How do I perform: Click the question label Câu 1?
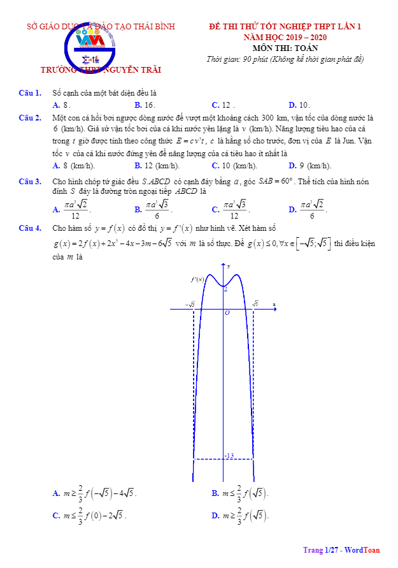[30, 94]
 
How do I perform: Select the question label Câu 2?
[30, 117]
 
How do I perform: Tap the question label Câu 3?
[30, 182]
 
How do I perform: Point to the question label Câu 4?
[30, 228]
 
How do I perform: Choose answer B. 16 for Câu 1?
[145, 105]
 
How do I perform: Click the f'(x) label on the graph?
[197, 279]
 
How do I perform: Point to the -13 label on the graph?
[230, 455]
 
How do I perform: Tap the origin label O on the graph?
[227, 313]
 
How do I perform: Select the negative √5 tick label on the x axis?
[190, 305]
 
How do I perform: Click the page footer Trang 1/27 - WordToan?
[341, 550]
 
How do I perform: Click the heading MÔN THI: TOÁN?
[285, 48]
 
